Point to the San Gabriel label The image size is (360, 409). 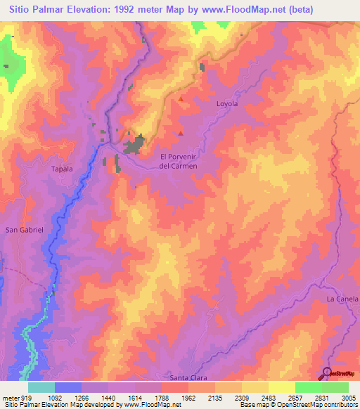pos(25,230)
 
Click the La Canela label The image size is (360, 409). pos(342,299)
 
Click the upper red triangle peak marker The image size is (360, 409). pos(181,99)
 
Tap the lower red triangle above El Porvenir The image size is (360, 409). pos(181,132)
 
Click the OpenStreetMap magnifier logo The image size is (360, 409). pos(330,373)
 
